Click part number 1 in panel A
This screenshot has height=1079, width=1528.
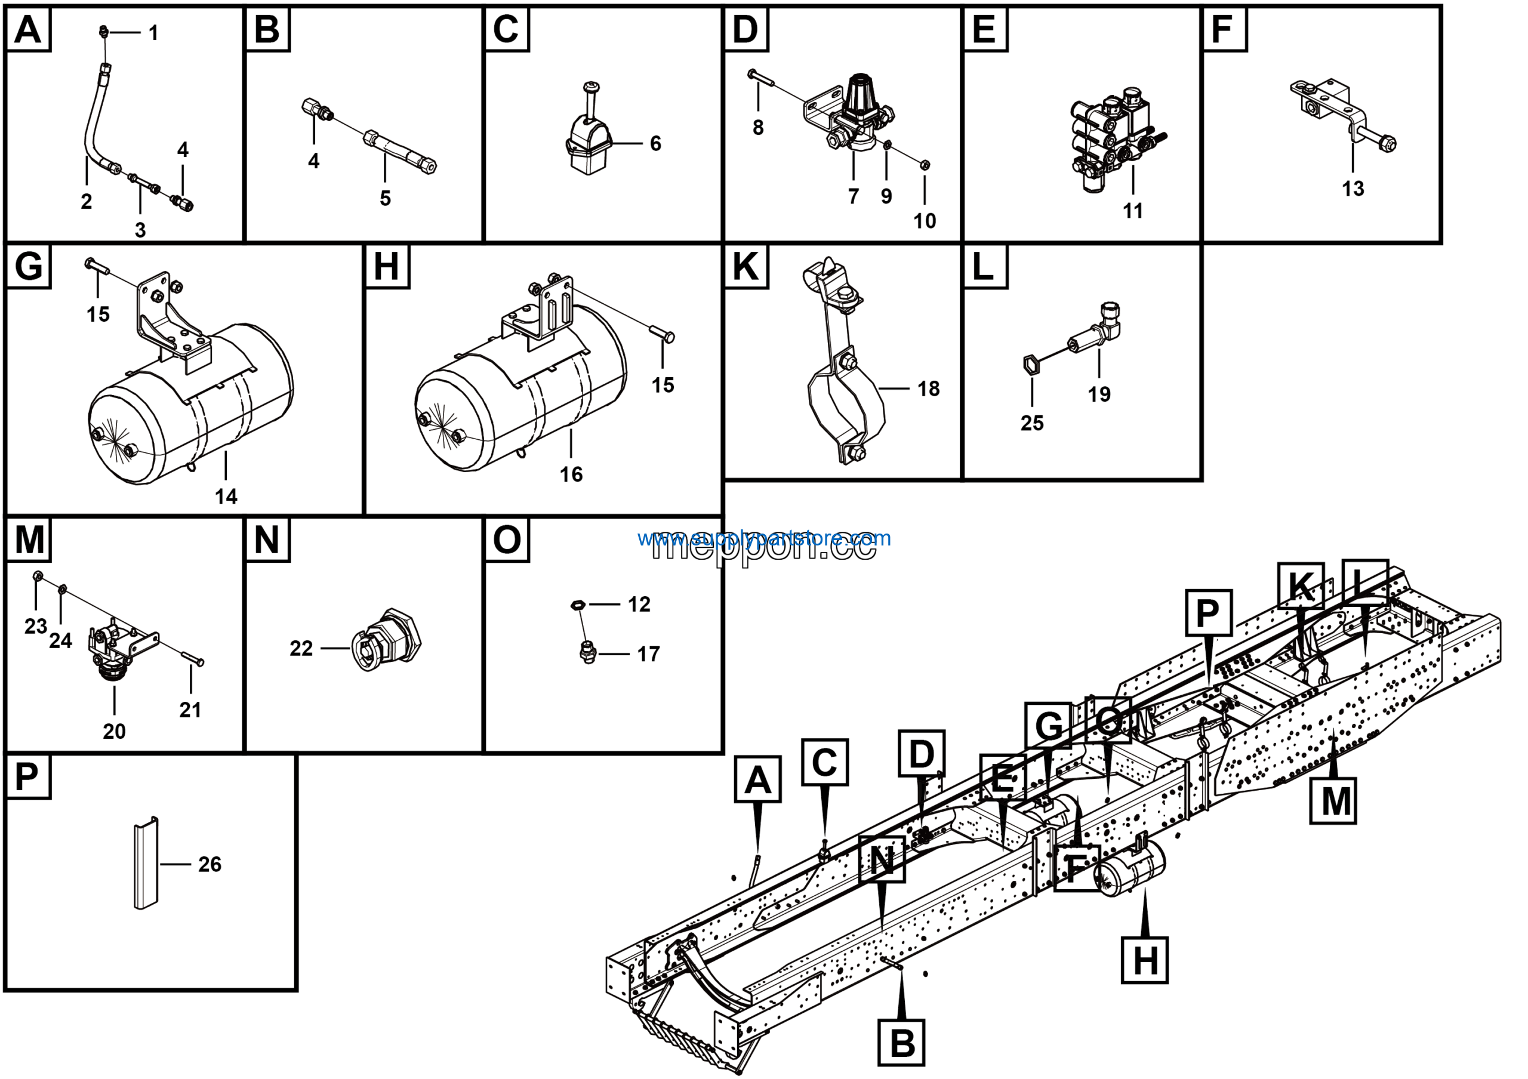click(154, 33)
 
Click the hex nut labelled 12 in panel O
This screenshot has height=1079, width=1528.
click(578, 605)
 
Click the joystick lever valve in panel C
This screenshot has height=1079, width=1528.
click(588, 140)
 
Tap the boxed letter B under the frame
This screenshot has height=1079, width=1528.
click(902, 1043)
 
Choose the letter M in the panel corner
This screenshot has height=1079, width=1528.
click(29, 539)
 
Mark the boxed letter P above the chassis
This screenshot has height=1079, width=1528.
click(1208, 613)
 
